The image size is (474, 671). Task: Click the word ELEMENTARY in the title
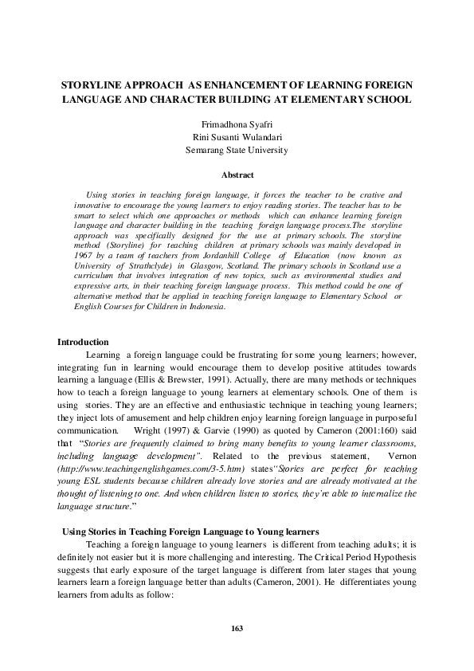[327, 100]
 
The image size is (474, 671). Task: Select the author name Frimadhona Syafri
[237, 124]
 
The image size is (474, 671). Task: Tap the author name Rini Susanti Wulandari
[237, 137]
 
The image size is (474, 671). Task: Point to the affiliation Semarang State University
[237, 150]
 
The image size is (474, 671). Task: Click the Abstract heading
[237, 175]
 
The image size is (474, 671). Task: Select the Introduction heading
[84, 341]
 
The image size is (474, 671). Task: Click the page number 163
[237, 628]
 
